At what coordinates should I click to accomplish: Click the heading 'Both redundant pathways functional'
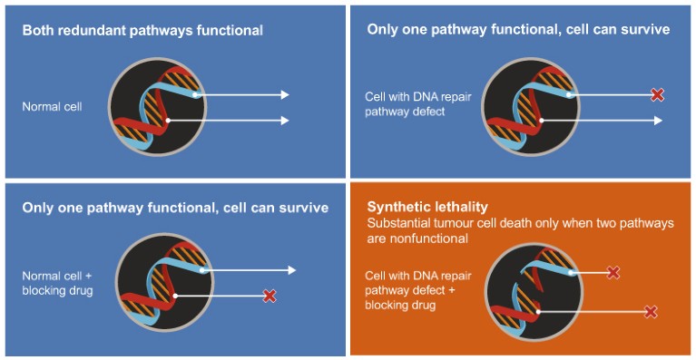coord(142,31)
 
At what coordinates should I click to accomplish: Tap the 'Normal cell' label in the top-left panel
coord(52,107)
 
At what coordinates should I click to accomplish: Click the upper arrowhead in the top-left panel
coord(285,94)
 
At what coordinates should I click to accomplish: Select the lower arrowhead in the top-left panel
coord(285,120)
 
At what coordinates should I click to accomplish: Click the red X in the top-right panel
coord(658,94)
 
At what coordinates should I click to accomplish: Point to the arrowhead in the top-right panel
coord(658,120)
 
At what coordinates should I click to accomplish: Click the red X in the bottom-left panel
coord(269,296)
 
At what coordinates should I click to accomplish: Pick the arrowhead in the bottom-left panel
coord(291,270)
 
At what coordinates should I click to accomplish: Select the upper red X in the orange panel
coord(613,272)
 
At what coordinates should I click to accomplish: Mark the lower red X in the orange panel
coord(650,312)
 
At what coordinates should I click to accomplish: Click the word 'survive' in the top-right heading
coord(645,30)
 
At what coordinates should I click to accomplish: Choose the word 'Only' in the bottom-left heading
coord(38,208)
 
